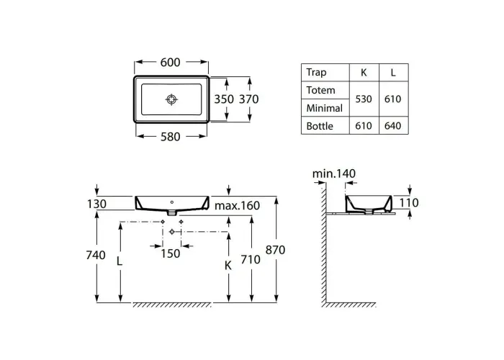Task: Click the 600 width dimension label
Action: [171, 63]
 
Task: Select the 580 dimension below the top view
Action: [171, 137]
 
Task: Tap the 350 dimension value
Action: [224, 99]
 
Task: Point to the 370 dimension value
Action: [249, 99]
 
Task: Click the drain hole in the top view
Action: [171, 99]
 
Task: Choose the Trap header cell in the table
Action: [316, 72]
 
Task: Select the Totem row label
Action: [320, 90]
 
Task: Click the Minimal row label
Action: [324, 108]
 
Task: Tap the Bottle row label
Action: [320, 126]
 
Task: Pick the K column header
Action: [364, 73]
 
